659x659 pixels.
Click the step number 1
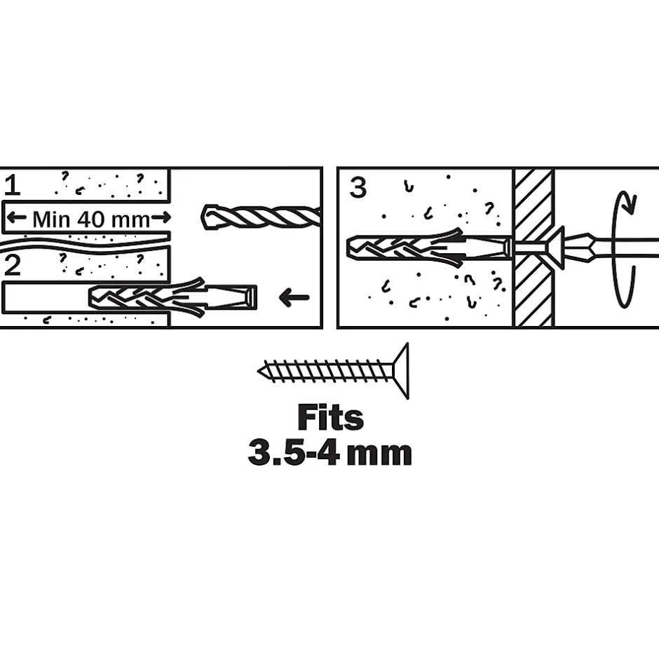pyautogui.click(x=12, y=186)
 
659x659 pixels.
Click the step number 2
pyautogui.click(x=12, y=266)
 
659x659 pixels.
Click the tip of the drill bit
pyautogui.click(x=203, y=217)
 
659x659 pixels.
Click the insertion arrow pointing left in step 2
pyautogui.click(x=294, y=297)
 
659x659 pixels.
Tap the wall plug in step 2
pyautogui.click(x=172, y=297)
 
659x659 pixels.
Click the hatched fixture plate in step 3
pyautogui.click(x=534, y=248)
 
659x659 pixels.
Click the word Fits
pyautogui.click(x=330, y=417)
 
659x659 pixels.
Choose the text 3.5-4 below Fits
pyautogui.click(x=294, y=453)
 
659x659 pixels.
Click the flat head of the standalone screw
pyautogui.click(x=400, y=371)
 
